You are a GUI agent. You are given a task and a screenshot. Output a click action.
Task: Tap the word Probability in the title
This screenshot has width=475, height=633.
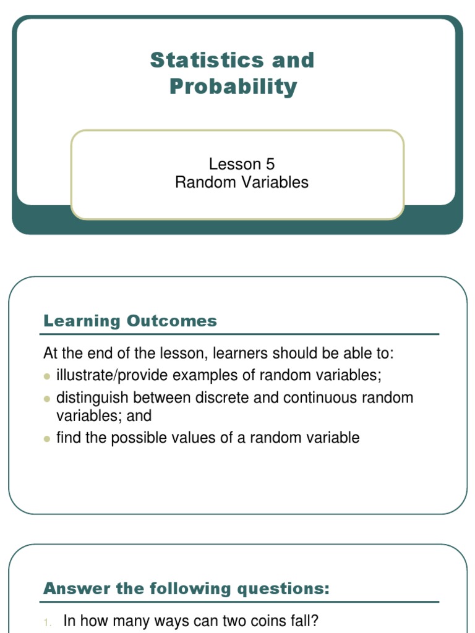pos(233,87)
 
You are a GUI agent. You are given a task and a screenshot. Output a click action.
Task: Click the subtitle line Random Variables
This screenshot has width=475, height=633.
pos(242,182)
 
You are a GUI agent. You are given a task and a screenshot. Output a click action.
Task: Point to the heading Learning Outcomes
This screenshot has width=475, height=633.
pos(130,321)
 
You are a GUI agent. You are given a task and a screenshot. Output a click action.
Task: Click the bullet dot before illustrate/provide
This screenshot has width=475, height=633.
pos(47,376)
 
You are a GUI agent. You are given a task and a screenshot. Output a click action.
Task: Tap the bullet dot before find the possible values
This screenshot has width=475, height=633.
pos(47,439)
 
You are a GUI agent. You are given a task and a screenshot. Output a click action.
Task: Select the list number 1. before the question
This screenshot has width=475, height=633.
pos(48,622)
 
